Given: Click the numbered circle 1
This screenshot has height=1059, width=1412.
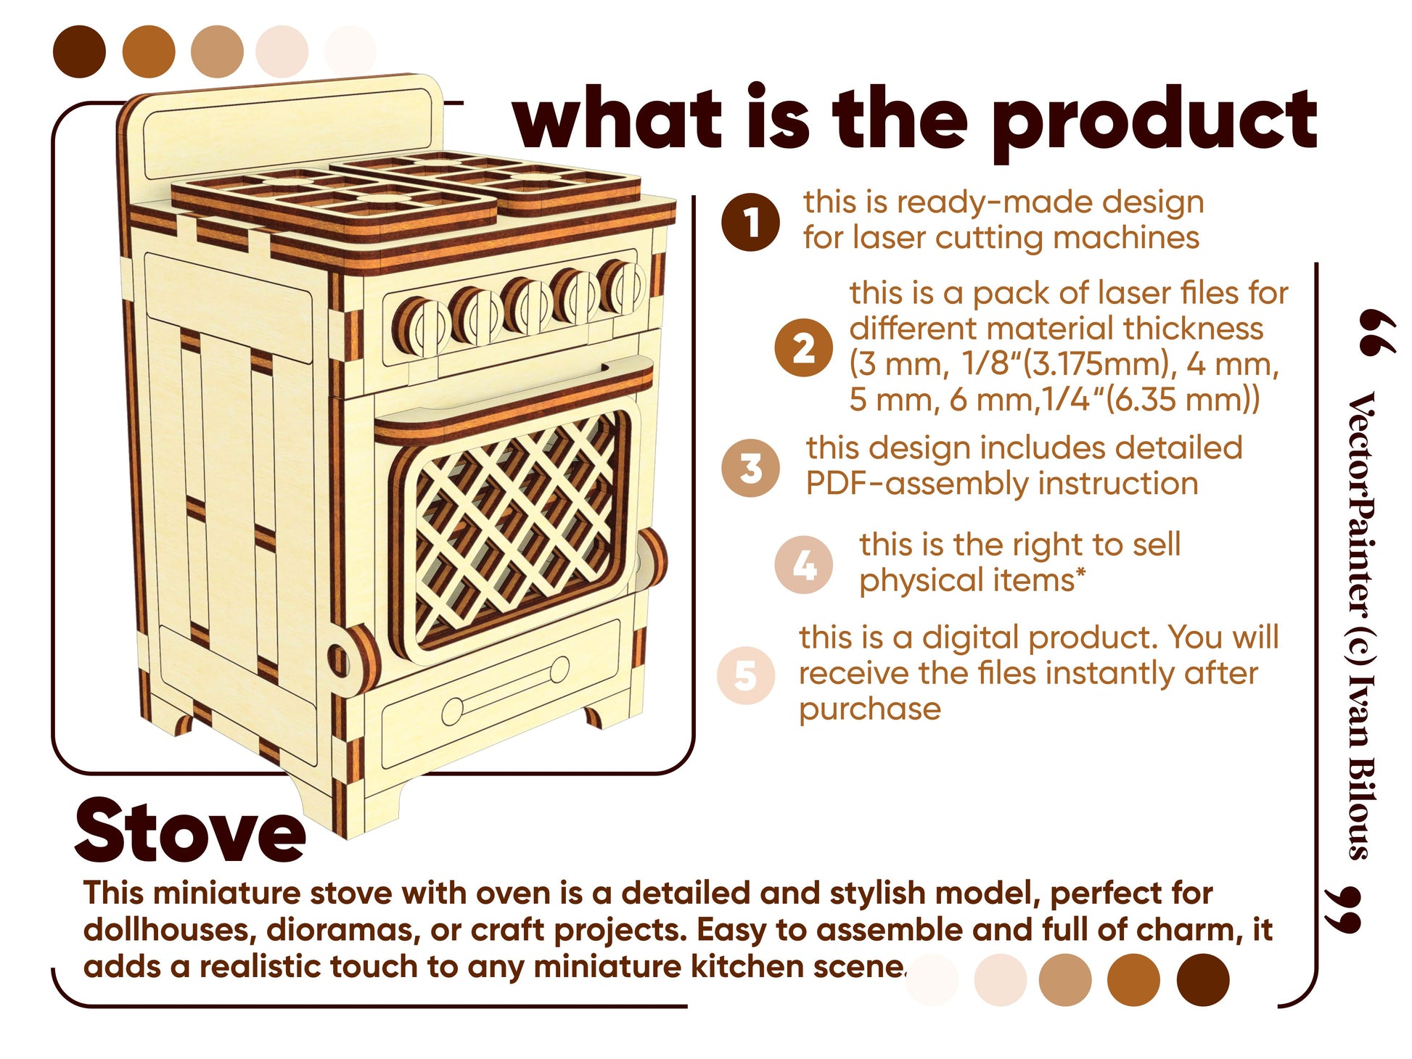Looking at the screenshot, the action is pos(750,222).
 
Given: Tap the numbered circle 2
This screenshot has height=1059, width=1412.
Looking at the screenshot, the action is pos(803,347).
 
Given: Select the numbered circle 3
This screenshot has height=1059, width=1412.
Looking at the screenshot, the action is pos(750,468).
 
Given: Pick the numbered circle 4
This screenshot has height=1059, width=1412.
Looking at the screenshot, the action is pos(803,565).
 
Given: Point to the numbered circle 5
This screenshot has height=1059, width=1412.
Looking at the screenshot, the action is pos(745,675).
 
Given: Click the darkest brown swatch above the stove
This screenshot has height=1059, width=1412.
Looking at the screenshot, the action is pos(79,51).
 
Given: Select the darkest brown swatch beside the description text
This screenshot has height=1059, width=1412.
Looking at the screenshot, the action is pos(1202,980).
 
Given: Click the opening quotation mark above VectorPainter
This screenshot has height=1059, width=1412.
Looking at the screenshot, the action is pos(1377,332).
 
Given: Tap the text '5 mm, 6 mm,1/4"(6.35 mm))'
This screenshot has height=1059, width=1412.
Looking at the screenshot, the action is pos(1054,400).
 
